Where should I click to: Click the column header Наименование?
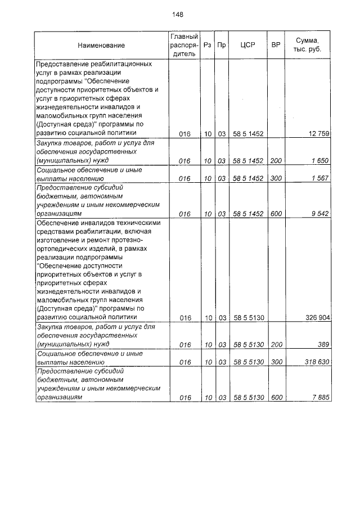tap(101, 46)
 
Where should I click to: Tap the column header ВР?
tap(276, 46)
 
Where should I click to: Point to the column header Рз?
tap(208, 46)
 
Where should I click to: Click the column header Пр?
tap(222, 46)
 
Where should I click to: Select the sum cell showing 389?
tap(324, 344)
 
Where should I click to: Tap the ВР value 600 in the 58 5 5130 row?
tap(276, 398)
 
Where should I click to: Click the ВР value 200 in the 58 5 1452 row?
tap(276, 161)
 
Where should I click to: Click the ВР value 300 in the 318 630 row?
tap(276, 363)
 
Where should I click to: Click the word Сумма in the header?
tap(308, 40)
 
